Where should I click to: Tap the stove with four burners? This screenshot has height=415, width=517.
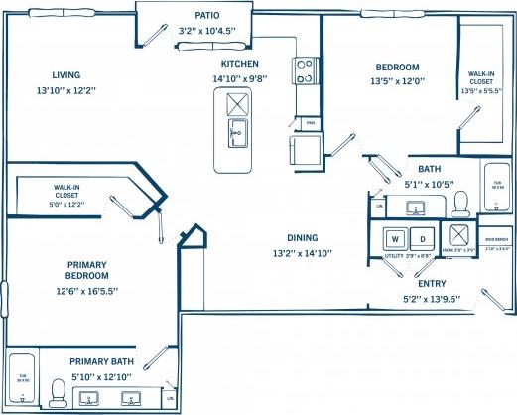[x=304, y=69]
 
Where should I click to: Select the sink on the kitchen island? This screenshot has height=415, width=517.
[x=236, y=131]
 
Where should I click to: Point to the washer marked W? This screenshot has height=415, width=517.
[x=394, y=238]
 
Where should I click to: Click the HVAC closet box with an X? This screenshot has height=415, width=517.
[x=457, y=237]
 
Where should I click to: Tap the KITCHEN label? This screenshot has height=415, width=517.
[x=240, y=62]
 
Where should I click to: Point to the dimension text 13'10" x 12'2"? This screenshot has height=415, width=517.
[x=67, y=90]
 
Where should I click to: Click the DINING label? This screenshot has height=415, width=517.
[x=303, y=238]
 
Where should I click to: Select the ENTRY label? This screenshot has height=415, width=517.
[x=430, y=284]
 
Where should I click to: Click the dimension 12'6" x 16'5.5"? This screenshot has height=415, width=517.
[x=87, y=291]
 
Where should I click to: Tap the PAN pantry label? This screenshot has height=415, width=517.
[x=310, y=123]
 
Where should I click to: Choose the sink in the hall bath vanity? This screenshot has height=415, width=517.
[x=414, y=207]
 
